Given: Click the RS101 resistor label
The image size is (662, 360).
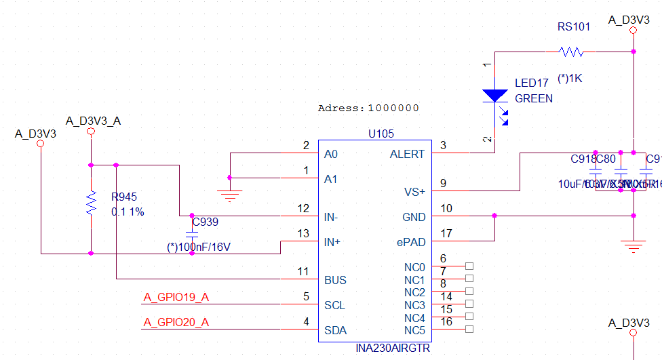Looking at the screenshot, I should [574, 27].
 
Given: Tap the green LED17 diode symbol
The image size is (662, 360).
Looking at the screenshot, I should [495, 96].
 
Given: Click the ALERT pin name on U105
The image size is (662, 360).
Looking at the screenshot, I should [407, 154].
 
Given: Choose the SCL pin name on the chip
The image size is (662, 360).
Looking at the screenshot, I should [335, 305].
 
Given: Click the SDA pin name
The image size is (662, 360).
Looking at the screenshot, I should [336, 330].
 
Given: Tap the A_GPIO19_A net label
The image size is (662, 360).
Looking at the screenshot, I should [176, 296].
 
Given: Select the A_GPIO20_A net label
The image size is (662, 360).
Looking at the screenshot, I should [176, 322].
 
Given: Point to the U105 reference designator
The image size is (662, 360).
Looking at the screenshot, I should [381, 134].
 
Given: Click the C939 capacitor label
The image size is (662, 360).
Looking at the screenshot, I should [205, 222].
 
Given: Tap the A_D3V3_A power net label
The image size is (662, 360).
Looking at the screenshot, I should [93, 121].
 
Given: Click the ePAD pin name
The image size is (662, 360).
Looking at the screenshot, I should [411, 242].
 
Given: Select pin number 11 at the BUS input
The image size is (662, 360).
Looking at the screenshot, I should [303, 271].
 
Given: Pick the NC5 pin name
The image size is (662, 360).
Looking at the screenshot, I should [414, 330].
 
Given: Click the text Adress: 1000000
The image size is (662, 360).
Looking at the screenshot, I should [368, 108].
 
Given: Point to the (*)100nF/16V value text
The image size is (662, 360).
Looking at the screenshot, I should [199, 247].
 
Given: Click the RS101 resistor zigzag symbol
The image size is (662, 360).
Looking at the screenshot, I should [571, 52].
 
